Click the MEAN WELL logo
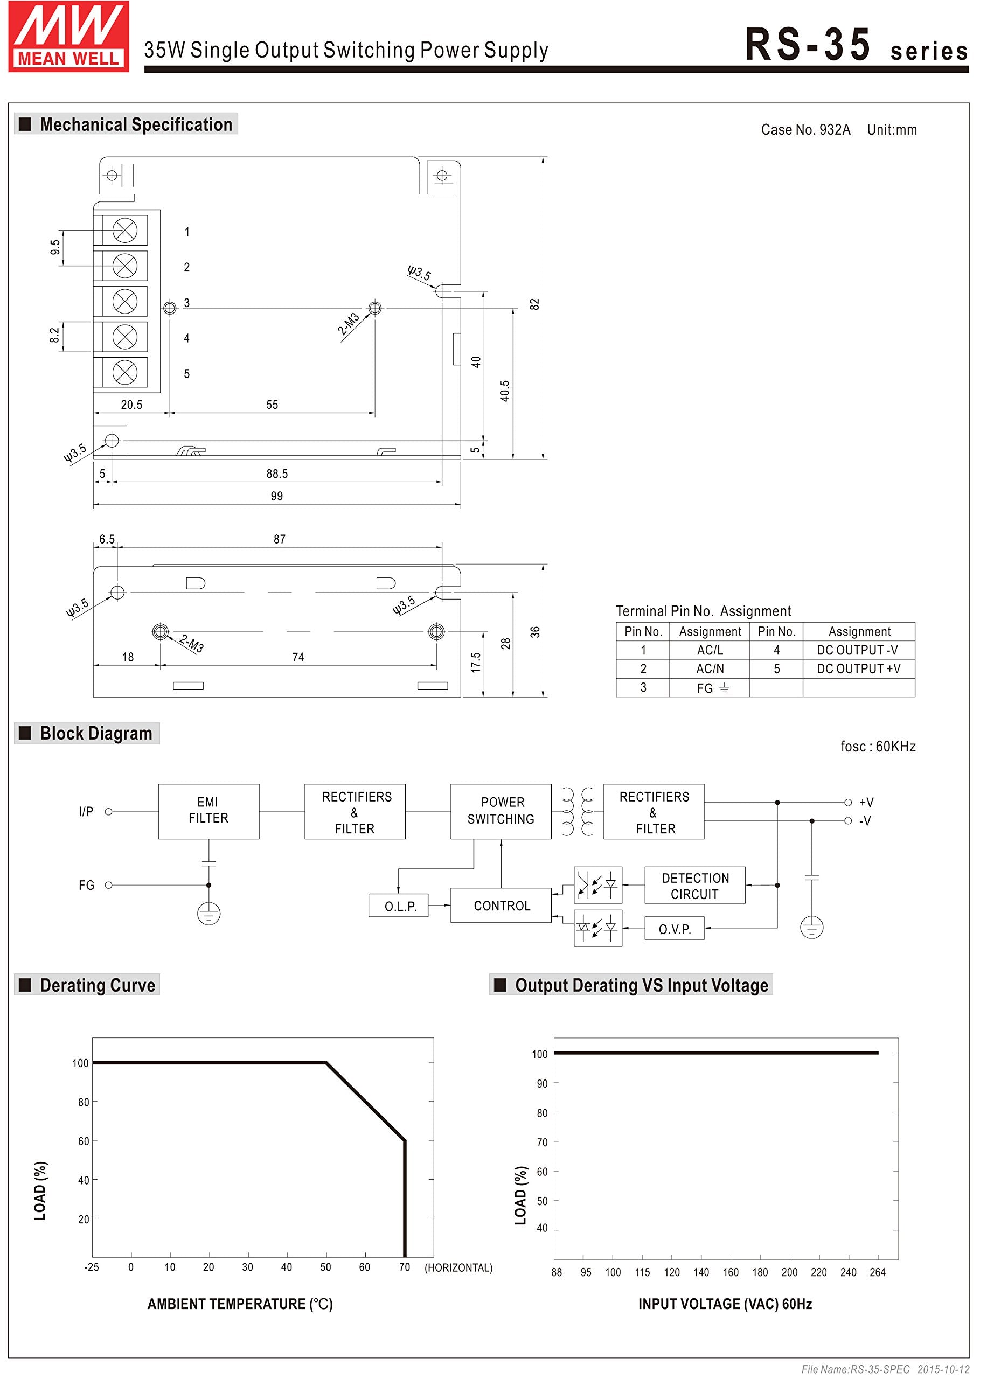point(68,37)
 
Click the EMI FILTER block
point(208,811)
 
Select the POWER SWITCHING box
point(501,811)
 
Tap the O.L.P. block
point(399,906)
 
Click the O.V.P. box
point(674,929)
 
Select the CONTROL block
point(501,906)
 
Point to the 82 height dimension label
point(534,304)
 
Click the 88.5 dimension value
point(276,474)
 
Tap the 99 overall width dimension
point(276,496)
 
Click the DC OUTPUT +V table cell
point(858,669)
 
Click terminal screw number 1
point(124,230)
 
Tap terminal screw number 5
point(124,372)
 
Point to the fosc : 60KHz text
point(878,747)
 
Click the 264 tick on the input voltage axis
point(877,1273)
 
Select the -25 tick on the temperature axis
point(91,1267)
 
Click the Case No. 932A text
point(805,130)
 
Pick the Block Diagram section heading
point(95,733)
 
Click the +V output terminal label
point(866,803)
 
